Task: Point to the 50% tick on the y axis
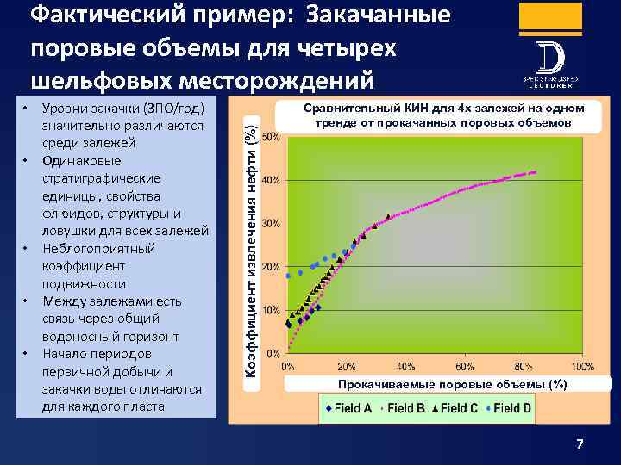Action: point(269,137)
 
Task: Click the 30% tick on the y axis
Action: point(269,224)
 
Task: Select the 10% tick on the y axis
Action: point(269,310)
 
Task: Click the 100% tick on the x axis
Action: point(582,365)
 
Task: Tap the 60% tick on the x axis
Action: point(465,365)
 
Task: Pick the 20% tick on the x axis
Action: point(347,365)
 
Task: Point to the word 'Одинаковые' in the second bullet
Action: point(81,161)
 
